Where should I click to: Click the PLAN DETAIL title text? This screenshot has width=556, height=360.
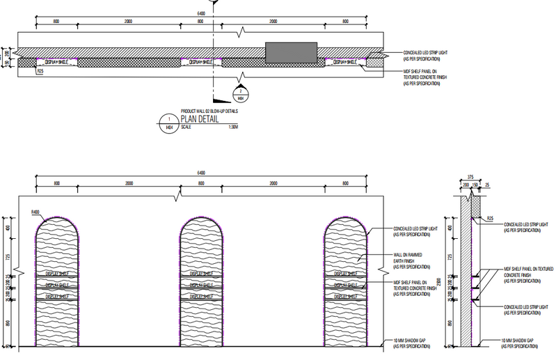tap(199, 119)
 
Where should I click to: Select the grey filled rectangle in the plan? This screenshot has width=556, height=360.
tap(291, 52)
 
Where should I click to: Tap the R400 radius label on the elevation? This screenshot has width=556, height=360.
tap(35, 211)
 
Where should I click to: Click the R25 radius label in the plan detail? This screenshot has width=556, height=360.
tap(41, 71)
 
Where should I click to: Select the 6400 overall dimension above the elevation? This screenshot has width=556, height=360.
tap(201, 173)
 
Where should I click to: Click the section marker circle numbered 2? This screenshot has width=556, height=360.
tap(241, 91)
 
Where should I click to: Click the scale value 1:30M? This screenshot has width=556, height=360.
tap(232, 127)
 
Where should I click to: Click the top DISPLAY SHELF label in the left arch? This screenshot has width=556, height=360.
tap(56, 274)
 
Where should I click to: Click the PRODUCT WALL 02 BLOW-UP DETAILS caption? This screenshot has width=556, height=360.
tap(209, 111)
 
